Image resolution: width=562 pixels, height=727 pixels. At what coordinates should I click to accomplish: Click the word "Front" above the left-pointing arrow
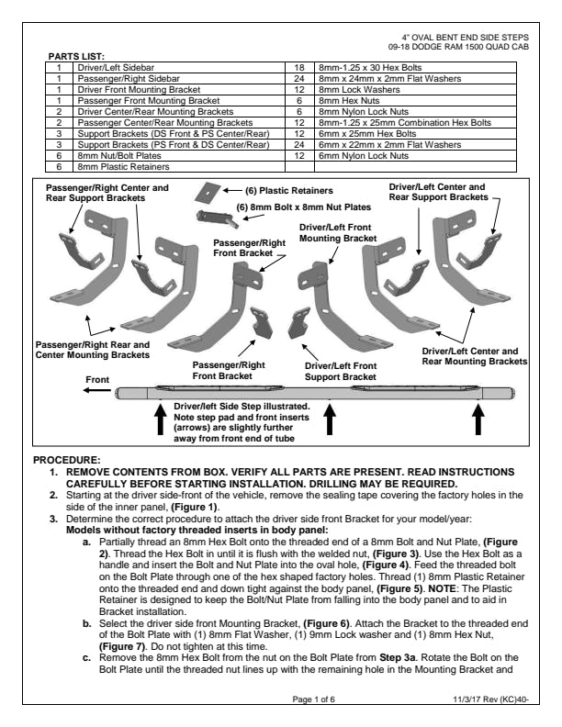pyautogui.click(x=97, y=379)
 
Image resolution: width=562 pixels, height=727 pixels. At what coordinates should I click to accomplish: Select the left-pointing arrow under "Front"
pyautogui.click(x=95, y=391)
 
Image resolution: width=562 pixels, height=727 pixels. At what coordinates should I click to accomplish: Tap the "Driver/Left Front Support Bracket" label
pyautogui.click(x=340, y=371)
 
